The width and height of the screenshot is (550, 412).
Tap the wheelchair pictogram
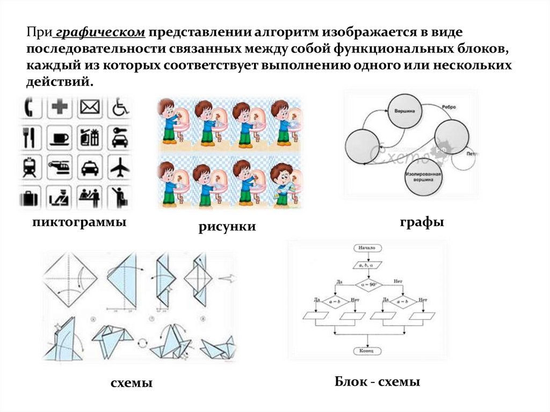[x=120, y=108]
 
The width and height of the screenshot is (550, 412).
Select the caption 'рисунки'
[x=227, y=227]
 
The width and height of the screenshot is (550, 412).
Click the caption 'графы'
[x=421, y=222]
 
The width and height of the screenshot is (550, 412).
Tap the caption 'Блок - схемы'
[x=377, y=382]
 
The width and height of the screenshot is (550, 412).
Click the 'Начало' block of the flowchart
[x=367, y=248]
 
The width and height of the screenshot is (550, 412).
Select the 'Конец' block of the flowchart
[x=367, y=351]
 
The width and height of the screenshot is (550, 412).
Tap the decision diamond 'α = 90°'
[x=367, y=284]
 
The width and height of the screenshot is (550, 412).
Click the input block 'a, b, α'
[x=367, y=265]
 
